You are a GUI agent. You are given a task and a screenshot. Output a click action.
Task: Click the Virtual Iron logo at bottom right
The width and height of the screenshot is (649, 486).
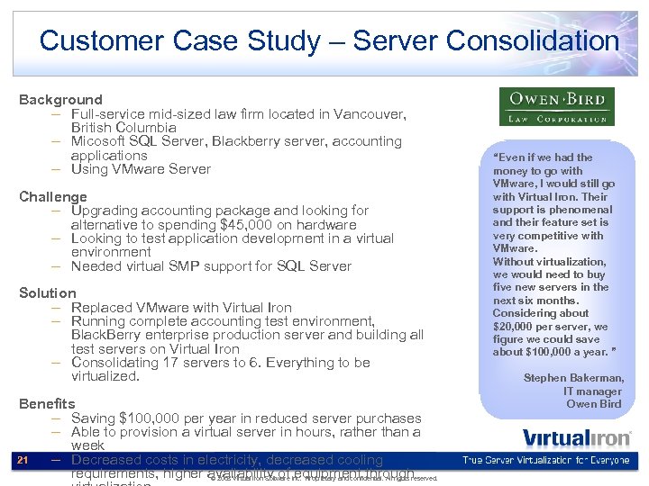coord(577,438)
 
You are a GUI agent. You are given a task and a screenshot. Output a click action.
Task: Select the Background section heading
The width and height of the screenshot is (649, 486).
coord(60,100)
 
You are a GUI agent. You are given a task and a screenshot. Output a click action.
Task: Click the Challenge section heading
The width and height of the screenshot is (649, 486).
coord(53,197)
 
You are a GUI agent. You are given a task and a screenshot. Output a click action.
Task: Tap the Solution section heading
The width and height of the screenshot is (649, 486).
coord(48,293)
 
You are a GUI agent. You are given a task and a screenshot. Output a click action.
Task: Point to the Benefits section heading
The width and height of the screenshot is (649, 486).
coord(47,404)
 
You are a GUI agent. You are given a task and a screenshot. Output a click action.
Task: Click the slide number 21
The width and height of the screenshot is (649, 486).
coord(23,461)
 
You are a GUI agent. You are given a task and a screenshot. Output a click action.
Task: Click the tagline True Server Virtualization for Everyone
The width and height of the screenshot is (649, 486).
coord(545,461)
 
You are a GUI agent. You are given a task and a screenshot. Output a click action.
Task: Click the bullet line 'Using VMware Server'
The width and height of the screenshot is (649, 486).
coord(141,169)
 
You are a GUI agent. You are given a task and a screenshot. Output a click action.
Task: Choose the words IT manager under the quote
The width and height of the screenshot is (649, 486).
coord(592,391)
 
